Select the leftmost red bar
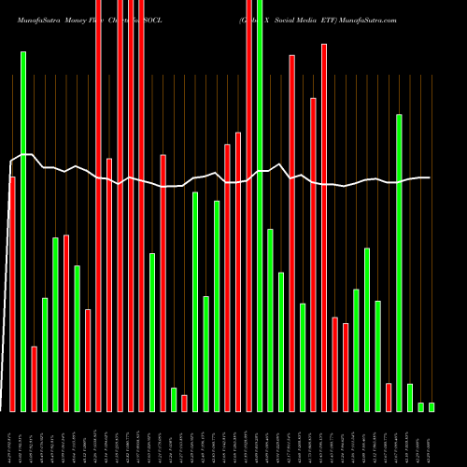(x=12, y=294)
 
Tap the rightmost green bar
(x=432, y=406)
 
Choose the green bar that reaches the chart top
(x=260, y=205)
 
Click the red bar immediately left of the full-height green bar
(x=248, y=205)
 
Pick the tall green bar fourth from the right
(x=399, y=262)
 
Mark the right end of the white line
(x=430, y=177)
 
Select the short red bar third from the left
(x=34, y=378)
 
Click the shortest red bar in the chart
(x=184, y=403)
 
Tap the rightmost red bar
(x=389, y=397)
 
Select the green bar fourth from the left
(x=55, y=324)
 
